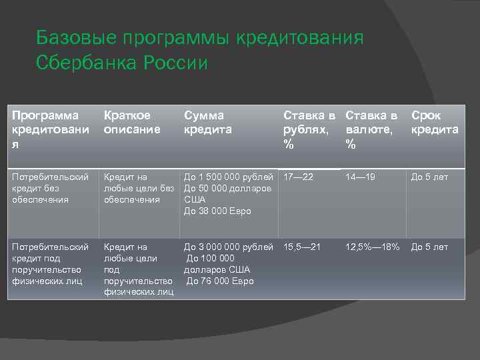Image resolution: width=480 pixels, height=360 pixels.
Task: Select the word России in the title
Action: pos(175,63)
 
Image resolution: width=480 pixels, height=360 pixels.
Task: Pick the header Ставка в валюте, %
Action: pos(371,129)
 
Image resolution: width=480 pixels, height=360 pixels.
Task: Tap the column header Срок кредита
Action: pos(434,123)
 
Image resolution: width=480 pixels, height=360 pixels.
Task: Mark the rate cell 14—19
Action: pos(361,177)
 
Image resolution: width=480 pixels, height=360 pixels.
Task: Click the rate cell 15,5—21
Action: pos(302,247)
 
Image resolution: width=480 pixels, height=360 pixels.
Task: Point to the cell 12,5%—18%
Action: pos(371,247)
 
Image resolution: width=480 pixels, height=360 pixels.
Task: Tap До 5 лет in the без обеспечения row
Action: pos(429,177)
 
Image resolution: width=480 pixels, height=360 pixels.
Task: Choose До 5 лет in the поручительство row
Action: pos(429,247)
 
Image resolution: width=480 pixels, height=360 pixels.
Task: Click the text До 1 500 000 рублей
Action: pos(229,177)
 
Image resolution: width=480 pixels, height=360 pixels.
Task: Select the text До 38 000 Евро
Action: pos(217,211)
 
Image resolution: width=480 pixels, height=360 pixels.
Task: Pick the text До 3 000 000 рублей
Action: pos(229,247)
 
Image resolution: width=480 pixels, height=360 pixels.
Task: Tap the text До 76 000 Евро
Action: pos(220,281)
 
